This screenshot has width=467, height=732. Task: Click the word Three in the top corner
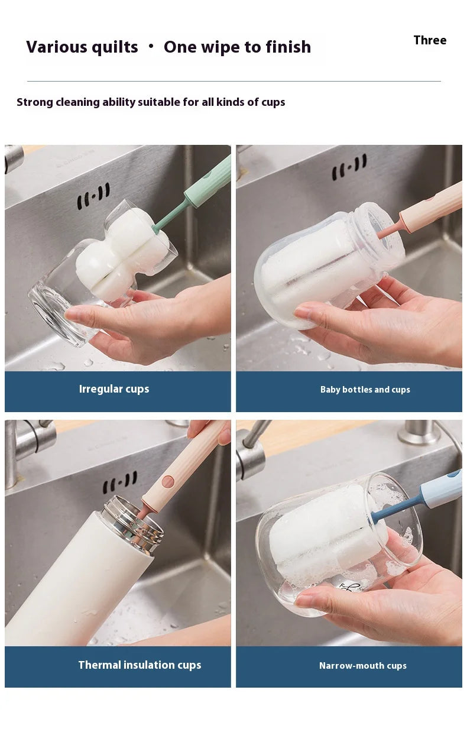pos(430,40)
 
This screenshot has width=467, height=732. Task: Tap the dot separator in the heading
pos(151,46)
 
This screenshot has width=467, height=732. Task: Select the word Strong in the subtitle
pos(35,102)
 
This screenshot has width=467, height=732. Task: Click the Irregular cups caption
pos(114,389)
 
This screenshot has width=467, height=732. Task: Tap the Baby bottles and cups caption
pos(365,390)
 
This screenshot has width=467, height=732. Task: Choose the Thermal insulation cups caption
pos(140,665)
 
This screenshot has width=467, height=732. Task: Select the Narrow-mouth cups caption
pos(362,666)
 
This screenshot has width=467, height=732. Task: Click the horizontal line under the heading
pos(234,81)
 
